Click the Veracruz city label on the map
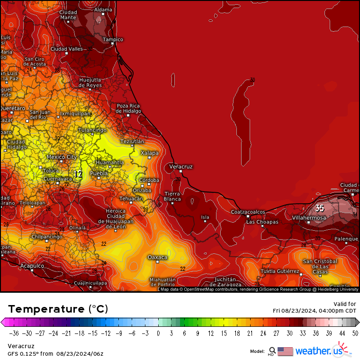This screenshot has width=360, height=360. [181, 167]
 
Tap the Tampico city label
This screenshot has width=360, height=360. [113, 39]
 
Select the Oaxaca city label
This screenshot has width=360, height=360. [157, 257]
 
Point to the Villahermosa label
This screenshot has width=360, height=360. [309, 218]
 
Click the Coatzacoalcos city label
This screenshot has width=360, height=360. [248, 212]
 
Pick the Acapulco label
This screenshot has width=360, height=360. [32, 266]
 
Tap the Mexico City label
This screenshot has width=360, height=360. [62, 157]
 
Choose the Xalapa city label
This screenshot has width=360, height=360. [150, 153]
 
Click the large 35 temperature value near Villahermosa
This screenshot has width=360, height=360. [320, 208]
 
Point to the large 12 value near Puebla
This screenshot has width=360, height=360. [78, 174]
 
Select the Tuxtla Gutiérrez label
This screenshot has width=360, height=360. [280, 271]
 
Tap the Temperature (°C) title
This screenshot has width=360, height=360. [58, 309]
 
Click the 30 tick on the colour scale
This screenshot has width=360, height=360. [289, 333]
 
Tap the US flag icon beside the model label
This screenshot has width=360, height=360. [285, 351]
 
